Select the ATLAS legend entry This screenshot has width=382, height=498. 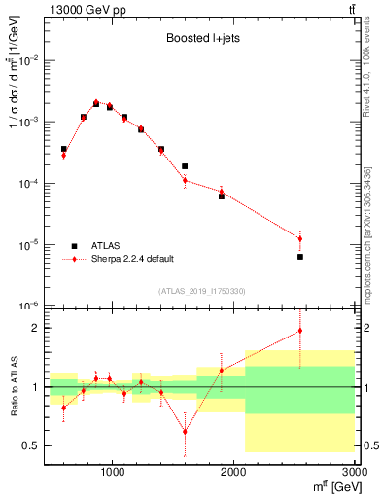[98, 246]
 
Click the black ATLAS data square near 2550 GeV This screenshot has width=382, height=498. [300, 257]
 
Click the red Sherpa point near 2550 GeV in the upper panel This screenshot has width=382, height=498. [300, 238]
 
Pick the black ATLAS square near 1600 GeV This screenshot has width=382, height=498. [185, 166]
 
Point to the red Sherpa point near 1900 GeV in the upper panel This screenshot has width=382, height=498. [222, 192]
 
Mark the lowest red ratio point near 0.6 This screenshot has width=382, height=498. [185, 431]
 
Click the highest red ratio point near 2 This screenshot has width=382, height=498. [300, 331]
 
